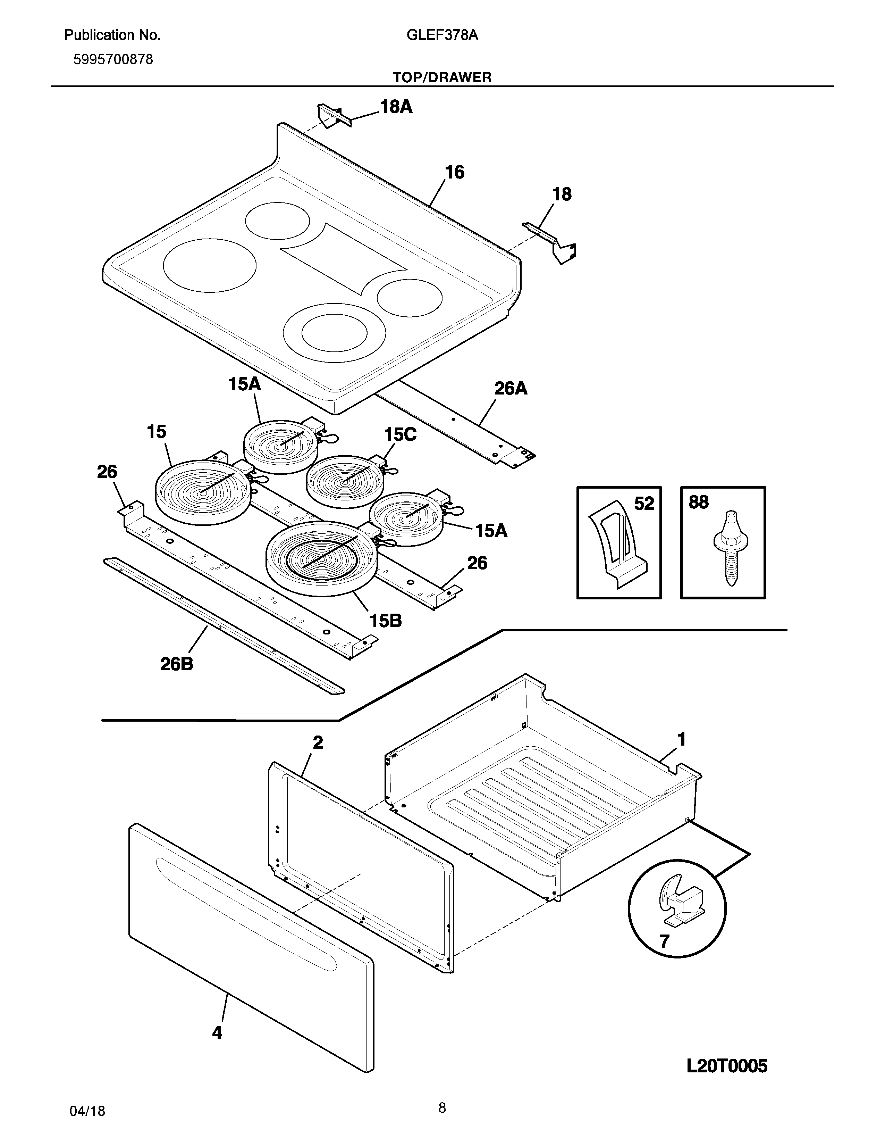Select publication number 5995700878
[113, 60]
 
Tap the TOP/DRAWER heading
[442, 78]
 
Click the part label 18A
[396, 107]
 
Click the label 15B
[385, 621]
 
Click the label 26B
[177, 664]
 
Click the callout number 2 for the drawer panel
[318, 742]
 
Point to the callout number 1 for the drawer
[682, 740]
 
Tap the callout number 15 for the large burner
[156, 432]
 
